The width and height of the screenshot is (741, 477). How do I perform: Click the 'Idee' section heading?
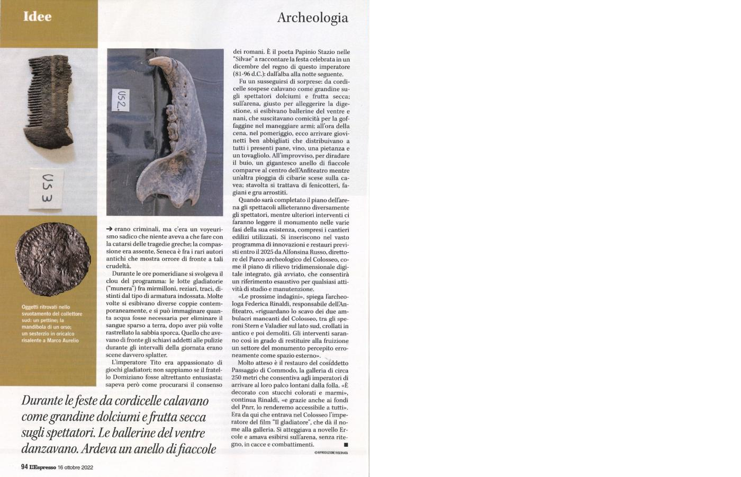(x=37, y=16)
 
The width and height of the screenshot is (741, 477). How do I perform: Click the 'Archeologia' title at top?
(x=312, y=17)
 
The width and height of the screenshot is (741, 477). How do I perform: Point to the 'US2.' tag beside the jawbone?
(x=123, y=99)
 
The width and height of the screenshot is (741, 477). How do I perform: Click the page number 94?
(x=24, y=467)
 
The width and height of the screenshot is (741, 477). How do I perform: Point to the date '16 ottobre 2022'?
(x=76, y=467)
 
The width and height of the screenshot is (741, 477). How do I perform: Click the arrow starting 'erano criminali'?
(x=110, y=228)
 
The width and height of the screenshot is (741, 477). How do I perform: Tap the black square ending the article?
(x=346, y=445)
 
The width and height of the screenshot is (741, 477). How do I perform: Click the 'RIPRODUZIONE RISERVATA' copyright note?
(x=331, y=453)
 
